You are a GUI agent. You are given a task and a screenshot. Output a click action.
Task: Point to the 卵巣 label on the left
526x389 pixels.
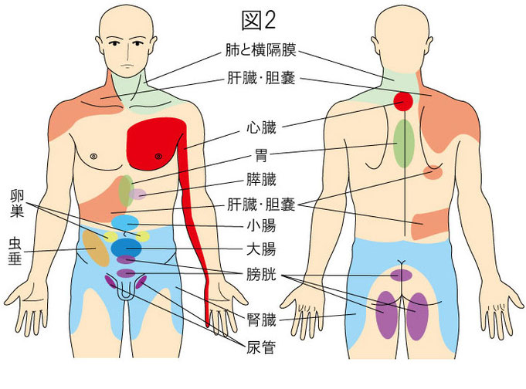pyautogui.click(x=17, y=201)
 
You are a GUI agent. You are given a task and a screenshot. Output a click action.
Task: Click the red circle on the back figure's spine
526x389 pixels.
pyautogui.click(x=402, y=100)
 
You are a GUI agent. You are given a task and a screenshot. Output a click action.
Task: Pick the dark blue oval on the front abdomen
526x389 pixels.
pyautogui.click(x=127, y=248)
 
